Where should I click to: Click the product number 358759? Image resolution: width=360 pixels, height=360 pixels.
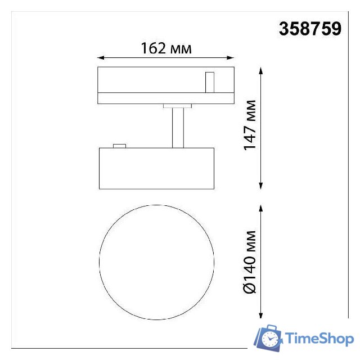click(310, 29)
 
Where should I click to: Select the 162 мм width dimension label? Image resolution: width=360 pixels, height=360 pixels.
click(166, 49)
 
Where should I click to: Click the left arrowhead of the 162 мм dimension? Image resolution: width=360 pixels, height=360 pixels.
click(101, 57)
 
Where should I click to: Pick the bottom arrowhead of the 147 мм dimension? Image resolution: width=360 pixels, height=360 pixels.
click(261, 186)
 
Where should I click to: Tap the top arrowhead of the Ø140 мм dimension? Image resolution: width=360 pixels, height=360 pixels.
click(261, 208)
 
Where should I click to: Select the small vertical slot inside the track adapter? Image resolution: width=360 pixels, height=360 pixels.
click(209, 82)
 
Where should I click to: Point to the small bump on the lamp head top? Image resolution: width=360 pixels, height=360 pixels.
click(119, 146)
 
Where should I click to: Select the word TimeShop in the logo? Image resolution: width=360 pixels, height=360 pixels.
click(319, 339)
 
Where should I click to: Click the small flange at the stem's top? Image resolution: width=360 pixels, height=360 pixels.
click(177, 105)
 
